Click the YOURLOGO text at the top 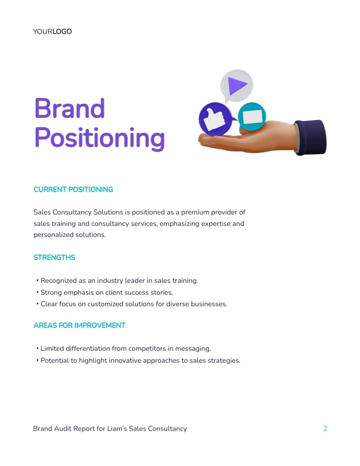52,32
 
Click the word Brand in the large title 70,108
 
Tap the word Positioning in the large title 100,138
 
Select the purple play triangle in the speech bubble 237,85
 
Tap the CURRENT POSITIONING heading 73,189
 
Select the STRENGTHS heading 54,257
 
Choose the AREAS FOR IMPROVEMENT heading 79,325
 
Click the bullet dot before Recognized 37,281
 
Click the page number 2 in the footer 325,428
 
